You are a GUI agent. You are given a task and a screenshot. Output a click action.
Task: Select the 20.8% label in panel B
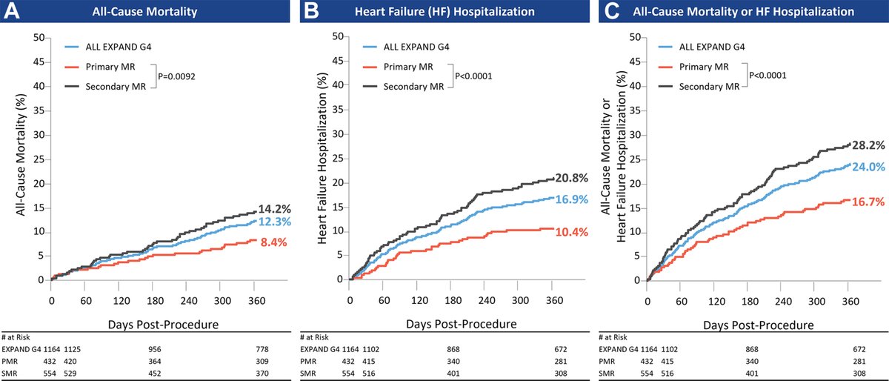572,179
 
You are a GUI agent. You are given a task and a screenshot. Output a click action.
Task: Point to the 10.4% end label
572,232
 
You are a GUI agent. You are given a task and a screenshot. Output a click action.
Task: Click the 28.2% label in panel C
868,145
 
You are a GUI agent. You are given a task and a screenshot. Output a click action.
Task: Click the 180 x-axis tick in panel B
451,302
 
